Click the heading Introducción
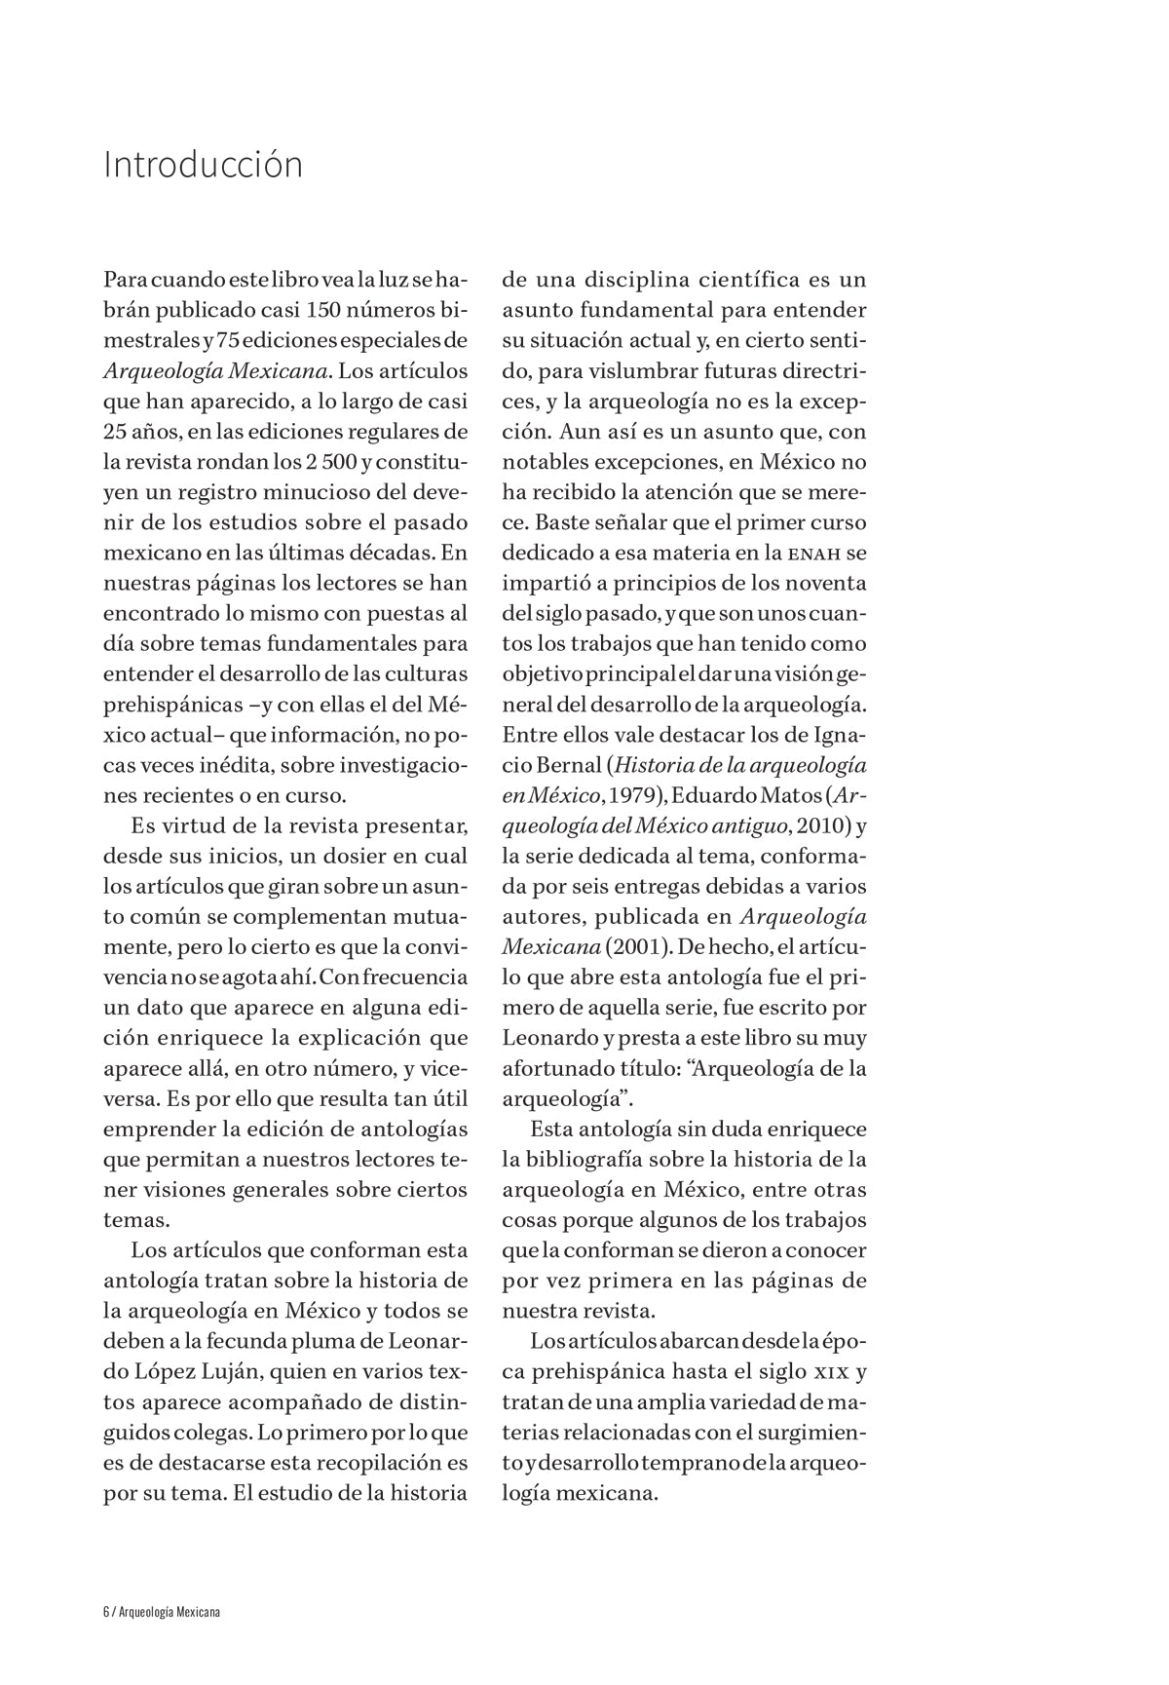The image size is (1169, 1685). [x=203, y=165]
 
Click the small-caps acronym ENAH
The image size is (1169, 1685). [x=813, y=554]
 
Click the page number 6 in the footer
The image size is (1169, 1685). [x=106, y=1612]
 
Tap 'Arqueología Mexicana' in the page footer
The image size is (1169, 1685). [x=170, y=1612]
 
